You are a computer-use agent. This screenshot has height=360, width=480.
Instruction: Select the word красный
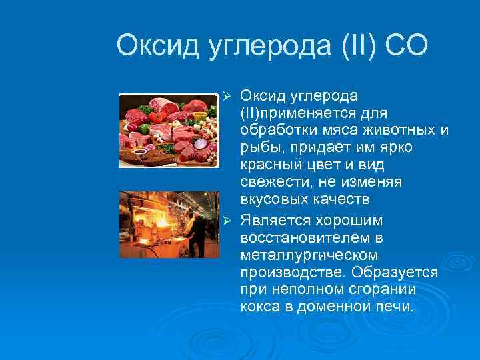269,164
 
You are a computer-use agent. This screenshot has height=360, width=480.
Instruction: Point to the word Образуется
397,273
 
